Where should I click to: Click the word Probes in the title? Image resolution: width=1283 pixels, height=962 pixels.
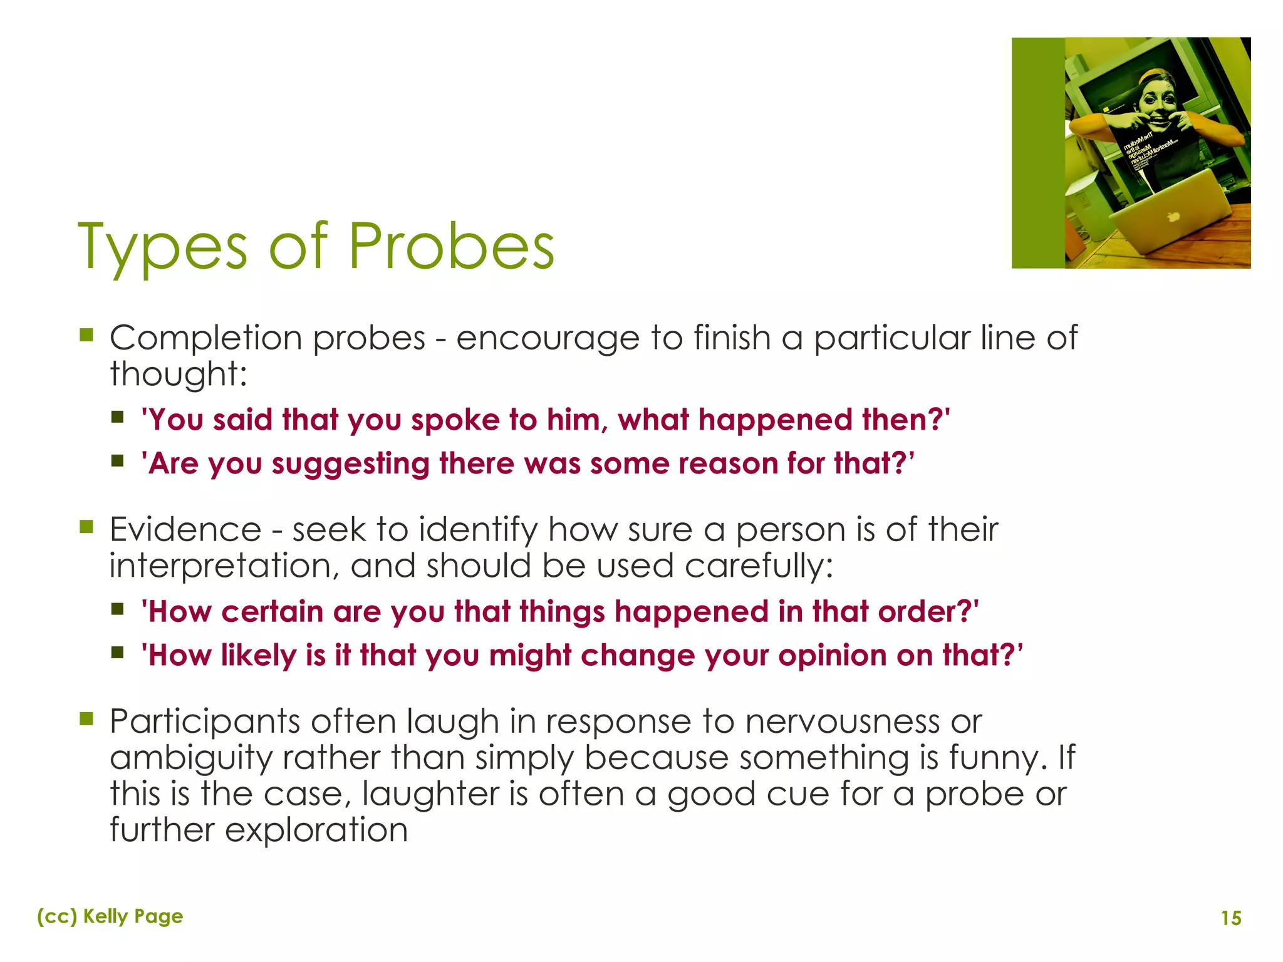click(x=451, y=247)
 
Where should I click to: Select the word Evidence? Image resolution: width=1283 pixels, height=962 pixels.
click(x=185, y=530)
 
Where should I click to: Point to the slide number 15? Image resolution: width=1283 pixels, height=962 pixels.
click(x=1231, y=918)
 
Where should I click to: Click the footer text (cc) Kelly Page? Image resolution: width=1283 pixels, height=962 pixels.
click(x=110, y=916)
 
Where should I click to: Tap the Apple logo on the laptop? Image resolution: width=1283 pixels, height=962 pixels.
click(x=1172, y=216)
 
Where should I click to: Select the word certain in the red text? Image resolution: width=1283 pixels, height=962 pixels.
click(x=272, y=612)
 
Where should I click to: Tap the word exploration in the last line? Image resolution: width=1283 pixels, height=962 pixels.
click(x=316, y=830)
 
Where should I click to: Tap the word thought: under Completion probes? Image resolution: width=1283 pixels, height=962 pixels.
click(x=179, y=375)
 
